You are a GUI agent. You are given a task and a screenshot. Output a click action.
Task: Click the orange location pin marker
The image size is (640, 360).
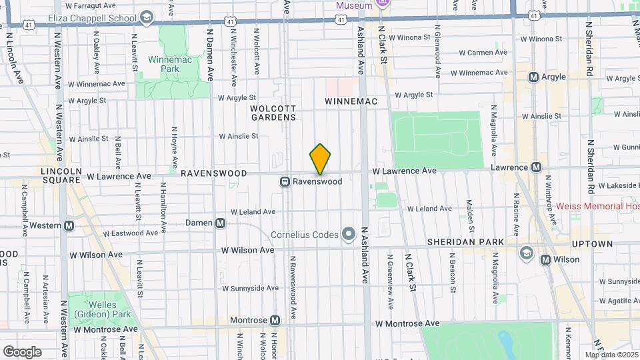pos(320,159)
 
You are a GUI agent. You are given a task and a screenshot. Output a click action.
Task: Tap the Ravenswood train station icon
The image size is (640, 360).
pos(285,181)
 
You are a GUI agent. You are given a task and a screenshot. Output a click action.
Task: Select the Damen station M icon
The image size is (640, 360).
pos(220,223)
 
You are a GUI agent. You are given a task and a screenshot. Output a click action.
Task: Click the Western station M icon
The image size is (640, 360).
pos(69,225)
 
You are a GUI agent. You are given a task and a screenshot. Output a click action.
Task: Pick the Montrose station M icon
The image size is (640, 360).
pos(275,321)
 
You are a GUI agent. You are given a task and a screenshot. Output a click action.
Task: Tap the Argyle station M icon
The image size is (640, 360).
pos(533,77)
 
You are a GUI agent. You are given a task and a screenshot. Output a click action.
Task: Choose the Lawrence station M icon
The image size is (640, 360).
pos(536,167)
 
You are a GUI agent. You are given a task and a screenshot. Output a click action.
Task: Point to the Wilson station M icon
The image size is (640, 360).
pos(547,259)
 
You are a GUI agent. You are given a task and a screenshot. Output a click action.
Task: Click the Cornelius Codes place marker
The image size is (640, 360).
pos(348,234)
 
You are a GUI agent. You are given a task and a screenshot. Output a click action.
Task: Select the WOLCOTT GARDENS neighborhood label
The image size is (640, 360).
pos(273,113)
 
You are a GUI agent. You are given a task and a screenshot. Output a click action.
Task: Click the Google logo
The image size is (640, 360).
pos(22,351)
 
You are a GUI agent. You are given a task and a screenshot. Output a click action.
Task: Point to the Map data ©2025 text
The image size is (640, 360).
pos(611,355)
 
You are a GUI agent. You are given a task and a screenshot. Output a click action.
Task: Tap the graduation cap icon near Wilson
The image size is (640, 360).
pos(527,252)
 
